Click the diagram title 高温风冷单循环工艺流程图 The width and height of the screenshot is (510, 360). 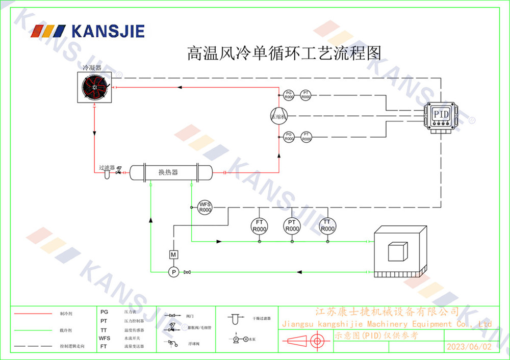click(x=285, y=53)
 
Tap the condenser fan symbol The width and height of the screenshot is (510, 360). click(x=95, y=88)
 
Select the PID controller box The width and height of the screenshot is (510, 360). click(x=441, y=116)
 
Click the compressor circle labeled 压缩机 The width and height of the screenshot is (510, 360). click(x=279, y=115)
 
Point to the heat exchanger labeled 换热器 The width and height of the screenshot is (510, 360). click(x=170, y=172)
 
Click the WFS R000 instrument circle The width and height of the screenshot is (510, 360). click(x=205, y=207)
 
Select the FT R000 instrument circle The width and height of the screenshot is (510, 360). click(x=259, y=225)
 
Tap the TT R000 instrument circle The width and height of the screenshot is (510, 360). click(x=327, y=225)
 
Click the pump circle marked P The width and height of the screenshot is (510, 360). click(x=173, y=272)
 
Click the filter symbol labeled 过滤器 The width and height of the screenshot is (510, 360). click(x=107, y=174)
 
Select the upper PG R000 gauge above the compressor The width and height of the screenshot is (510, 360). click(x=289, y=94)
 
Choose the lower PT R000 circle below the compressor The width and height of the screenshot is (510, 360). click(x=305, y=137)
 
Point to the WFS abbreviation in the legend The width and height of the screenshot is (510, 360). click(x=105, y=338)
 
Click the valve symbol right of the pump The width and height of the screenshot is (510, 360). click(x=188, y=272)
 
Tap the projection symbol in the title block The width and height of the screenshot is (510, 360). click(x=307, y=342)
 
